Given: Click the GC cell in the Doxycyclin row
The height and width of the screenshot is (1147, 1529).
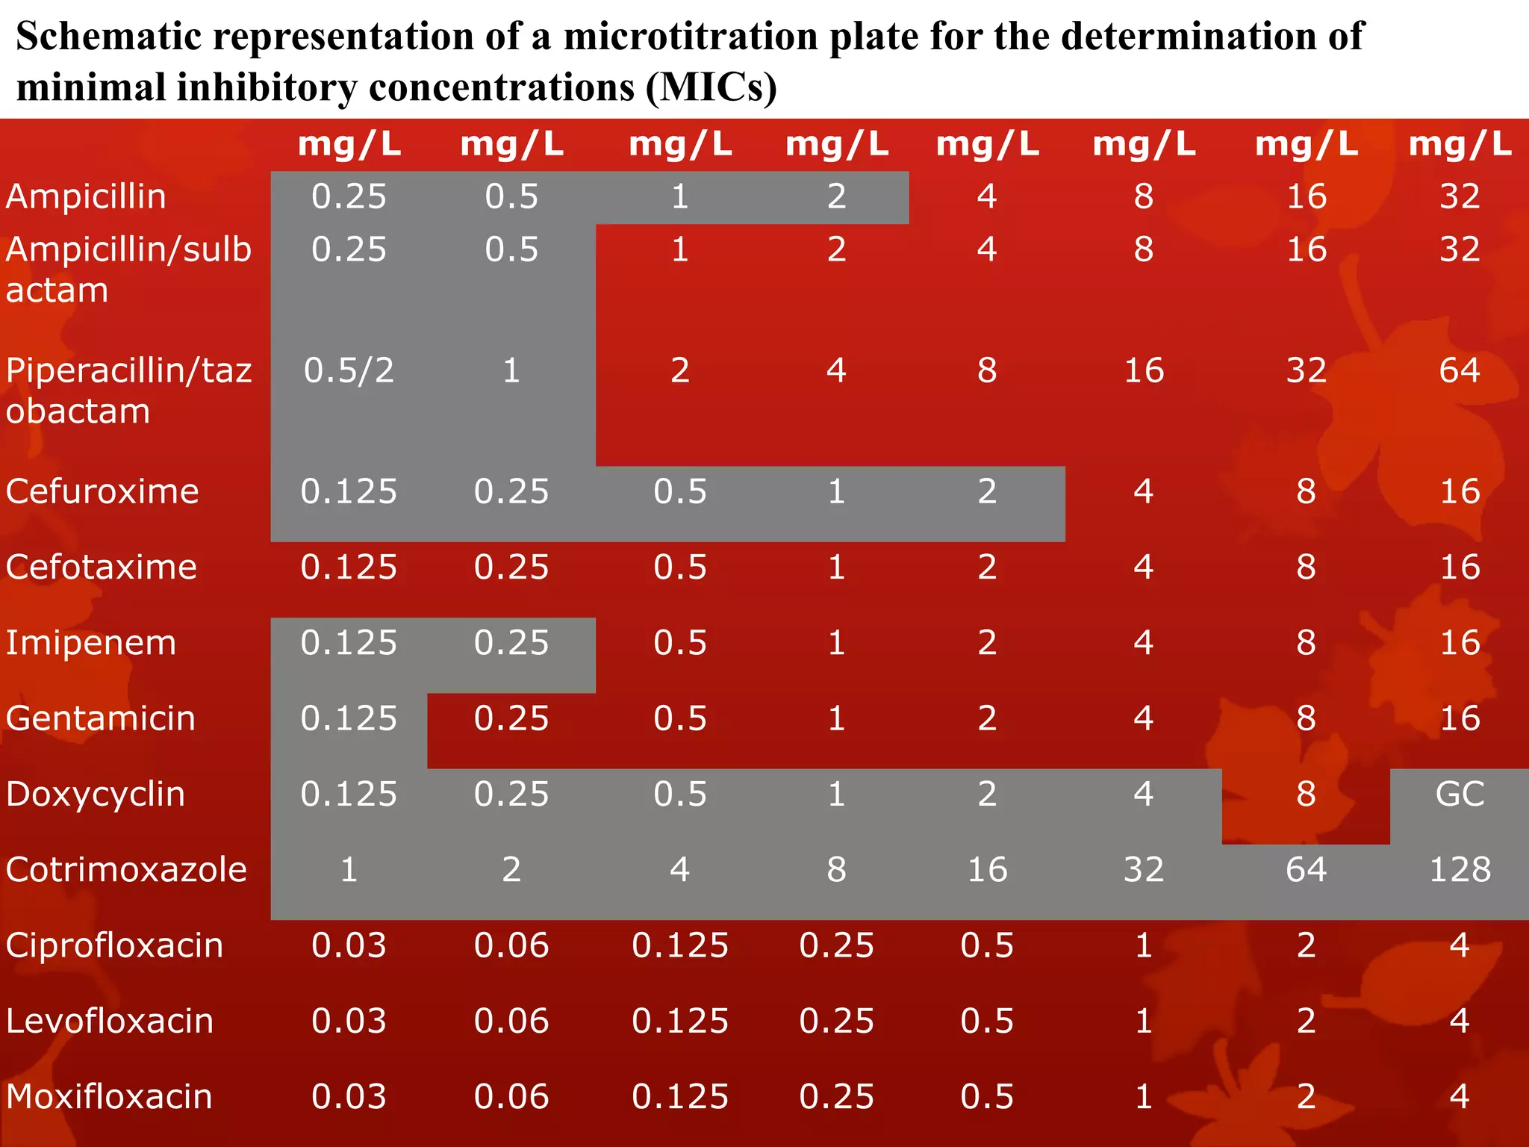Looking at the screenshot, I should pos(1460,794).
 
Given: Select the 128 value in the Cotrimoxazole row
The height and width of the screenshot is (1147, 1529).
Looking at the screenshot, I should pos(1460,870).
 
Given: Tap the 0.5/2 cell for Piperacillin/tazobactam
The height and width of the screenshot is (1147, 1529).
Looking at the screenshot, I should pos(349,370).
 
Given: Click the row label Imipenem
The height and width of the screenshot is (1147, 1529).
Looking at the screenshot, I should pos(91,643).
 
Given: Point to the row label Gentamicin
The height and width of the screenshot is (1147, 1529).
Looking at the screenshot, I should pos(101,718).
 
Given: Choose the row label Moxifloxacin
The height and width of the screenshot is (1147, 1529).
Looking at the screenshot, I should pos(109,1097).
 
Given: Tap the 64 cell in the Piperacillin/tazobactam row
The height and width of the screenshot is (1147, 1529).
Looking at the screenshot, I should pos(1460,370).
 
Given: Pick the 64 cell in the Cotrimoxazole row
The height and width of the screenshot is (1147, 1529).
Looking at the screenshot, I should pos(1306,870).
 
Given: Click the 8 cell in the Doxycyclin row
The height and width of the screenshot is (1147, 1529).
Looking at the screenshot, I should pos(1306,794).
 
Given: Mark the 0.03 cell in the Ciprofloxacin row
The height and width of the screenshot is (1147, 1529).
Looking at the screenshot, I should pos(349,945).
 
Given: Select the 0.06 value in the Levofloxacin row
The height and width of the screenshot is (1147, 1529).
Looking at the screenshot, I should pos(511,1021).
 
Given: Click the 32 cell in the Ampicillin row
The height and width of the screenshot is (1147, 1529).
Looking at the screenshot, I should pos(1460,196).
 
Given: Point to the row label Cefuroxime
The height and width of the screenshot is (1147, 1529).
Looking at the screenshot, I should pos(102,491).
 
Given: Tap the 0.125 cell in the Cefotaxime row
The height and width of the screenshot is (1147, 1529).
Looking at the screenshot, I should pos(349,568).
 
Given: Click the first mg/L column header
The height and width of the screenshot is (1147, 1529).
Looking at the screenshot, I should pos(349,144).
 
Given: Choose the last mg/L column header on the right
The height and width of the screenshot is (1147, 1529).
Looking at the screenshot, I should pos(1460,144).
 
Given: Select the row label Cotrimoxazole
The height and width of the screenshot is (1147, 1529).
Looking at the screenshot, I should pos(126,870).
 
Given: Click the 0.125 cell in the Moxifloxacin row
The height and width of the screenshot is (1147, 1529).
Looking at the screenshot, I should pos(679,1097).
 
